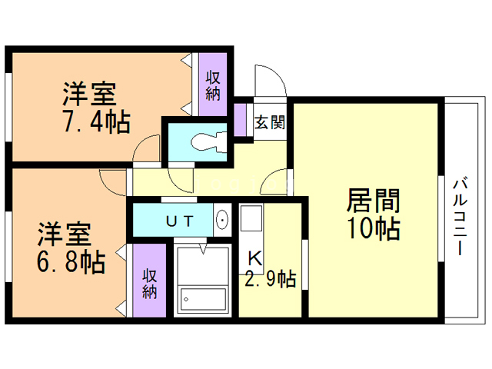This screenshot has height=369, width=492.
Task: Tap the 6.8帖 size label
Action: (73, 261)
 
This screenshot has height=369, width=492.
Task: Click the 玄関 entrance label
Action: (270, 121)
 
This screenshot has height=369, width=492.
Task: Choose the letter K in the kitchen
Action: (254, 258)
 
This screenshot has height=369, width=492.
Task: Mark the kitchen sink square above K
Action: (252, 221)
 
